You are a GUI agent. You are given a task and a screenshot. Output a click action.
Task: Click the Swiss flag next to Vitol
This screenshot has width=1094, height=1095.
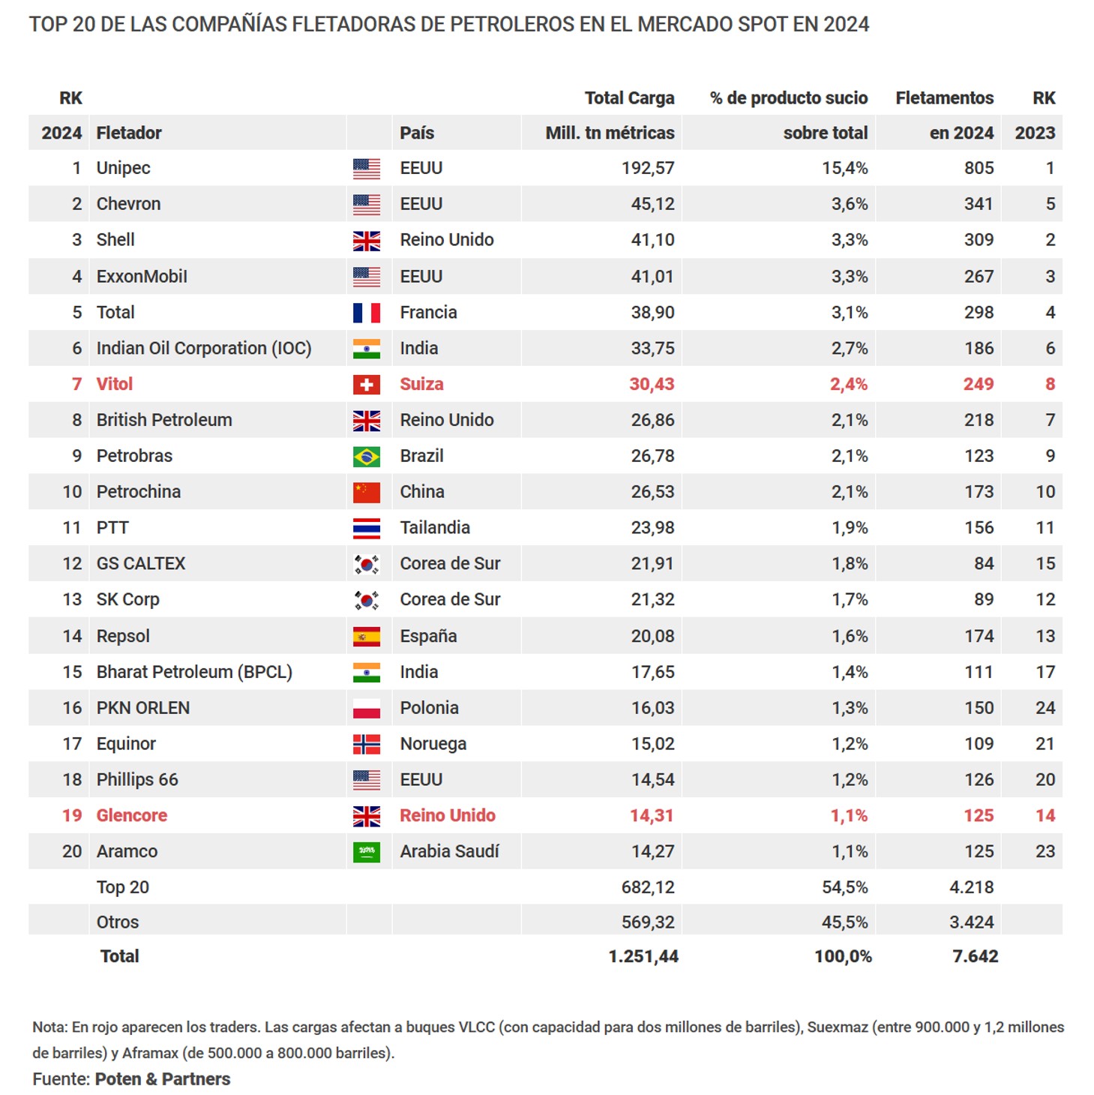(366, 385)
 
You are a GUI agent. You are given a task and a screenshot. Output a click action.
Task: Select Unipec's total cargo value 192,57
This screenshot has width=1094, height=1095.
(647, 168)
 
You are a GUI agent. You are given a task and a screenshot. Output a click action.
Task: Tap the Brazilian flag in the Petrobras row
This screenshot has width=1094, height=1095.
(366, 457)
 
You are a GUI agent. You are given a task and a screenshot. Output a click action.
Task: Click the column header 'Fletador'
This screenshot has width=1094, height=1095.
(129, 133)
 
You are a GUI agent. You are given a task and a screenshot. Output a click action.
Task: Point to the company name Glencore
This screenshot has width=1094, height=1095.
(132, 816)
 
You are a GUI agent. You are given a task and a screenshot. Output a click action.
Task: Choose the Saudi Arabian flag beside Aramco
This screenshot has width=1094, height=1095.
(366, 852)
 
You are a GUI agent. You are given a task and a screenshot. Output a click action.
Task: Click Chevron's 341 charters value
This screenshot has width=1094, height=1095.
(978, 204)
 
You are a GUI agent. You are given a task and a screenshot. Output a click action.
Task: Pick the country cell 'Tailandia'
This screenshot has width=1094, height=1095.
(435, 528)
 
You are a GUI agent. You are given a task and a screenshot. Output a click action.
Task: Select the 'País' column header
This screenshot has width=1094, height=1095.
(417, 133)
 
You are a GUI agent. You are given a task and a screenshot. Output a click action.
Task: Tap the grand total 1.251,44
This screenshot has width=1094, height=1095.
(643, 957)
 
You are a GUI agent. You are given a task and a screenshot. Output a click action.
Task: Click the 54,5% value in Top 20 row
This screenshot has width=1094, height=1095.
(844, 888)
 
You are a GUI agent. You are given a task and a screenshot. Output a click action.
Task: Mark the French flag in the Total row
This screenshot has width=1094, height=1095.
(366, 313)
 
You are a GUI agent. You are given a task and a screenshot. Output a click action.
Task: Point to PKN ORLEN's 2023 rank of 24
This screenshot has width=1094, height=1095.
(1045, 708)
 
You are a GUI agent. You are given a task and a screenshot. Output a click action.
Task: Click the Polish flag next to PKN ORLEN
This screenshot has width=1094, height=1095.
(366, 709)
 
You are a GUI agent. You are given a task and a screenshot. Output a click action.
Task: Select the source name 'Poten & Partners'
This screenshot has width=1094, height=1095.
(163, 1079)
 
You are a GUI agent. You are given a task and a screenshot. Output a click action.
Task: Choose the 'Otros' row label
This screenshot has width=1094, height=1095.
(118, 922)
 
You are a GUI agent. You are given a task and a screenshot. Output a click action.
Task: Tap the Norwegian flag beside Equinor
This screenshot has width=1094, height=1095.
(366, 745)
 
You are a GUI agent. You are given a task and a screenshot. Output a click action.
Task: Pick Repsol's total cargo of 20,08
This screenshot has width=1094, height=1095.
(652, 637)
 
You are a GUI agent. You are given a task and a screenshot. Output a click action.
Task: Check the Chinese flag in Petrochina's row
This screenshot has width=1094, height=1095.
(366, 493)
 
